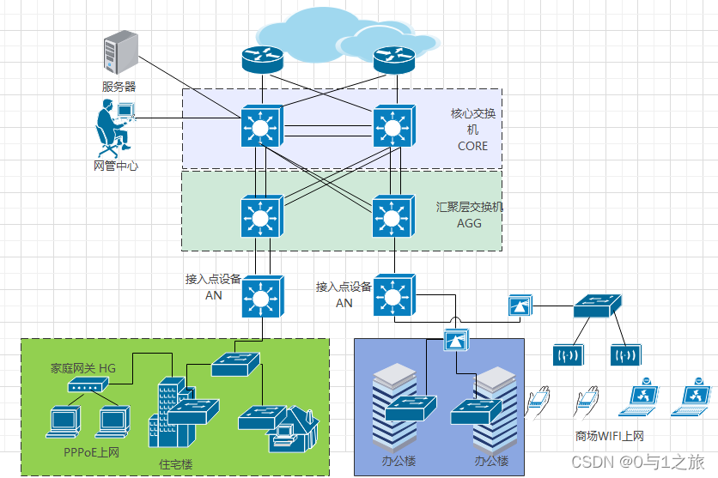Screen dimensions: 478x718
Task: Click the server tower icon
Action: pyautogui.click(x=119, y=53)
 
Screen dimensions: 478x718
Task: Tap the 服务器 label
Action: pyautogui.click(x=119, y=87)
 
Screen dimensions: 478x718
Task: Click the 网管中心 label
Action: pyautogui.click(x=116, y=166)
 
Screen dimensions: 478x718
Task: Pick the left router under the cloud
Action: pyautogui.click(x=262, y=58)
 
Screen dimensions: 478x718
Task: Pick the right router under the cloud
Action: pyautogui.click(x=394, y=58)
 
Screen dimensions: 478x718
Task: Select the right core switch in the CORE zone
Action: pyautogui.click(x=393, y=127)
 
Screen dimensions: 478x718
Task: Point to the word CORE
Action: pyautogui.click(x=472, y=146)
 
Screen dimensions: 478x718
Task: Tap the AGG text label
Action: pyautogui.click(x=469, y=223)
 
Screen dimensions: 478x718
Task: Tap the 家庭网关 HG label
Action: pyautogui.click(x=82, y=368)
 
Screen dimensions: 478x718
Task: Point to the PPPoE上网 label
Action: pyautogui.click(x=91, y=451)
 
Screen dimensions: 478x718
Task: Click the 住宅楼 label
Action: pyautogui.click(x=176, y=464)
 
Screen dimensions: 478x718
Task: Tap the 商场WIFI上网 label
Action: pyautogui.click(x=609, y=435)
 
